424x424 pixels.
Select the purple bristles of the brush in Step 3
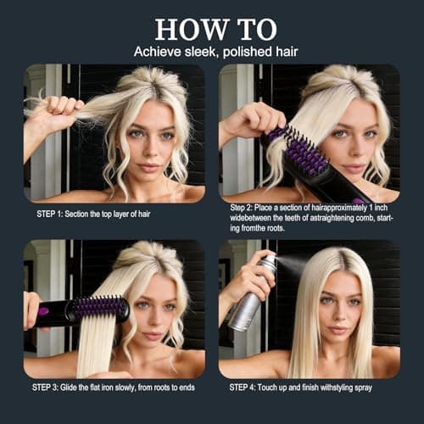point(101,307)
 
